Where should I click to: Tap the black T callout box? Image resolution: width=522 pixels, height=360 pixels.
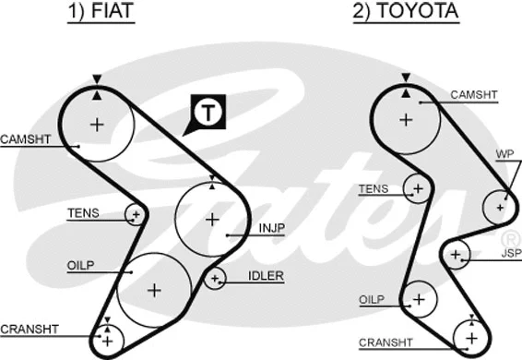209,114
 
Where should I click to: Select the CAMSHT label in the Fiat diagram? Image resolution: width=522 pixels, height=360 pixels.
25,139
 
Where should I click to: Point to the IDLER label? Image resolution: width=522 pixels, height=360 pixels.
266,275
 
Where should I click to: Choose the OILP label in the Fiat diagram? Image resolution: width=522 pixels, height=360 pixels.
81,266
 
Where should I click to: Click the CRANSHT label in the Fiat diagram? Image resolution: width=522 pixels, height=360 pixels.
30,329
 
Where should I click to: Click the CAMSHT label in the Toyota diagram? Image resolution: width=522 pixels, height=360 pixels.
475,94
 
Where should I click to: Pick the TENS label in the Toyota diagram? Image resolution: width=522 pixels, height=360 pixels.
373,188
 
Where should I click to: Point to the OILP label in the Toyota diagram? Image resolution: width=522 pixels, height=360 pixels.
371,299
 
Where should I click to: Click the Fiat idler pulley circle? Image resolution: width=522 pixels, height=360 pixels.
215,277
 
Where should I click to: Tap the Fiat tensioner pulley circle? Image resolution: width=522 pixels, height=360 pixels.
136,214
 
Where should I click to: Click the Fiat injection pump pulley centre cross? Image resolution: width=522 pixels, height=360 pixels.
212,219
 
